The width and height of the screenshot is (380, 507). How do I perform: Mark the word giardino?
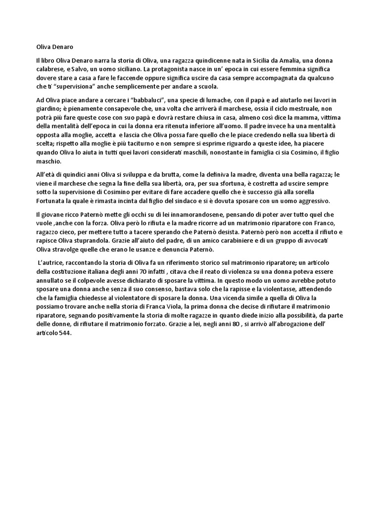click(x=49, y=109)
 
